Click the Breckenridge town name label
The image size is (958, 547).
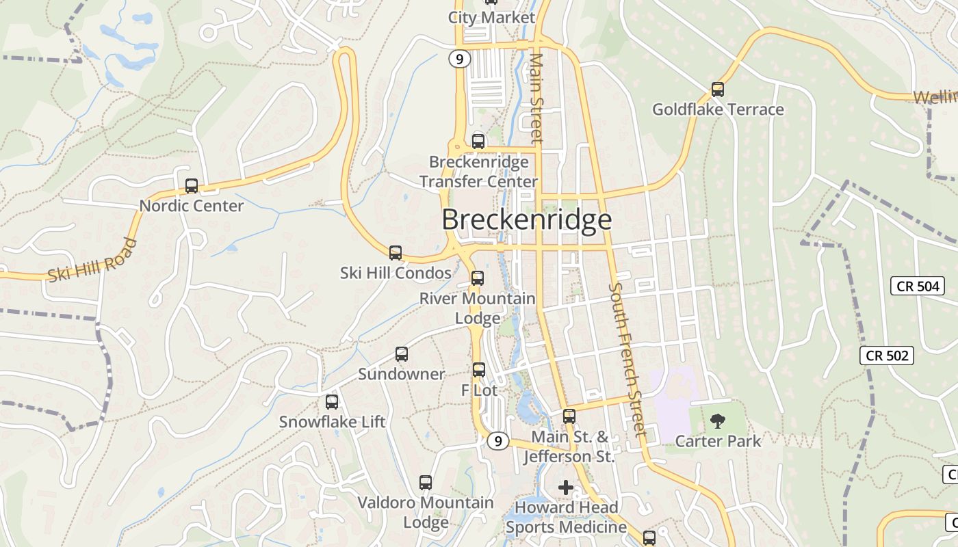point(526,220)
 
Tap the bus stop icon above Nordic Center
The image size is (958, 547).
point(192,186)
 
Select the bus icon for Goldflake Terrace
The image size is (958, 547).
point(717,90)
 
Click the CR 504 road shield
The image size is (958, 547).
point(918,286)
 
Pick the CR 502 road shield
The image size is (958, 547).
point(887,356)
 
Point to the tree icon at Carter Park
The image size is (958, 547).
point(717,421)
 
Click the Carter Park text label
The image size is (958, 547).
point(717,441)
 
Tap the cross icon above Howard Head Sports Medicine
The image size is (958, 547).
point(565,488)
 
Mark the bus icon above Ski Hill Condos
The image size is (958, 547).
point(396,253)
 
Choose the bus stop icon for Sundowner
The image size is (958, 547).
point(402,354)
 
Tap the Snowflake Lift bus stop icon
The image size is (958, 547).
point(332,402)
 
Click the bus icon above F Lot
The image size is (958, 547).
point(479,370)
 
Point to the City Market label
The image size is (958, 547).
point(491,18)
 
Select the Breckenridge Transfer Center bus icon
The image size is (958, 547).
point(478,142)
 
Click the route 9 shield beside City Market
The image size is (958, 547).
point(460,59)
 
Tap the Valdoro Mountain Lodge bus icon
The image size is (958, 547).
point(426,483)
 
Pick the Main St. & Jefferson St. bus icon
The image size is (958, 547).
point(569,416)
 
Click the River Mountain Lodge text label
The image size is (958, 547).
point(478,308)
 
